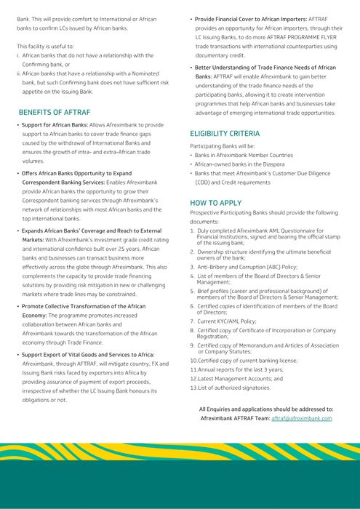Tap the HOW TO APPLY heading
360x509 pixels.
point(215,203)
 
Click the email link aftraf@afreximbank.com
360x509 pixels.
point(302,418)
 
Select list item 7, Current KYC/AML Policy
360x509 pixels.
point(228,321)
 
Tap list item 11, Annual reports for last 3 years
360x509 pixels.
point(236,369)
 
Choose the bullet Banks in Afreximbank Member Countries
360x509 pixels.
point(244,155)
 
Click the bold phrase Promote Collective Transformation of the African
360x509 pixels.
point(84,306)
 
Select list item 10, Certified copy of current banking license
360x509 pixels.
point(244,360)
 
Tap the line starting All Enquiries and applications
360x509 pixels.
point(266,409)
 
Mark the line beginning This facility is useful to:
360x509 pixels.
point(47,46)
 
